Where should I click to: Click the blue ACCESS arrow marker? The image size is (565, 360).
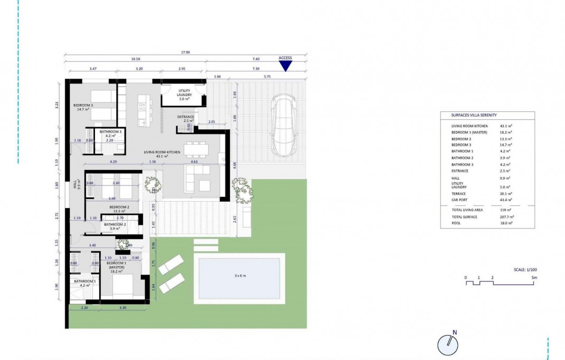coord(285,65)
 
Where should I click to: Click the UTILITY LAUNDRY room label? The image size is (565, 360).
coord(184,93)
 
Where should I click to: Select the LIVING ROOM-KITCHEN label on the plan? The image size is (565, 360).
coord(162,152)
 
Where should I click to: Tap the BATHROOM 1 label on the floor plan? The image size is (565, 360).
coord(84,281)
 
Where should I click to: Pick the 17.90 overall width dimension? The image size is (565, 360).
coord(184,53)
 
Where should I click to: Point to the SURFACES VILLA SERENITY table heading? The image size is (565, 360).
coord(474,115)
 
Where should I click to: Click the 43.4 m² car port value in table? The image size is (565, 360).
coord(506,201)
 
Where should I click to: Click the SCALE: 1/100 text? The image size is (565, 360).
coord(525,269)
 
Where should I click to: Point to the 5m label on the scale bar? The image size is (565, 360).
coord(534,277)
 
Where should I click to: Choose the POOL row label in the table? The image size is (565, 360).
coord(456,223)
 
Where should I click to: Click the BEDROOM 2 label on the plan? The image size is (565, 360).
coord(119,207)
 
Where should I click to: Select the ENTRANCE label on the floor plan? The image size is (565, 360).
coord(185,117)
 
